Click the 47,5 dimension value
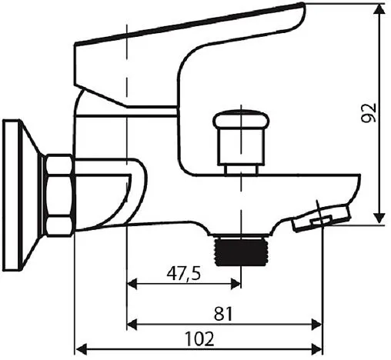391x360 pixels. pos(183,273)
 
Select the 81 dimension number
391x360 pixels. pos(223,314)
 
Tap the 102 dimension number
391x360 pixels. pos(199,338)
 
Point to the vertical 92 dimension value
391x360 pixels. pos(369,113)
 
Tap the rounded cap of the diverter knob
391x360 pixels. pos(241,118)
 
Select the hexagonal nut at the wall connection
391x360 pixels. pos(58,195)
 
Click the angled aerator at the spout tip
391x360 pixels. pos(322,217)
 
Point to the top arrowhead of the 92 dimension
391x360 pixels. pos(379,10)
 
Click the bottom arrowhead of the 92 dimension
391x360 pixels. pos(379,218)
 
